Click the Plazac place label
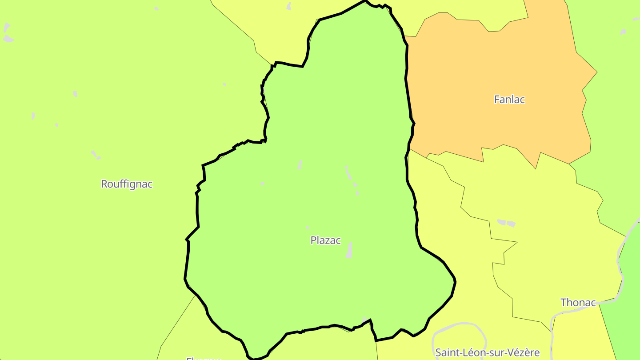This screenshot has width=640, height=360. coord(325,240)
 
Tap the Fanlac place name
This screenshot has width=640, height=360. coord(509,100)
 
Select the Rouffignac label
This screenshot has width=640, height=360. coord(127,184)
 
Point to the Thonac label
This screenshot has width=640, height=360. coord(578,303)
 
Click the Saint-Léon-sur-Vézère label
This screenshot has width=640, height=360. coord(487,353)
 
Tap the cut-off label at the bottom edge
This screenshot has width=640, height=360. coord(204,358)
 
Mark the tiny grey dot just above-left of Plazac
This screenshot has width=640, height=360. coord(308,228)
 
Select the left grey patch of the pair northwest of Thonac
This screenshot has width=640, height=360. coord(501,222)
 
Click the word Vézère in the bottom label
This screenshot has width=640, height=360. coord(523,353)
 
